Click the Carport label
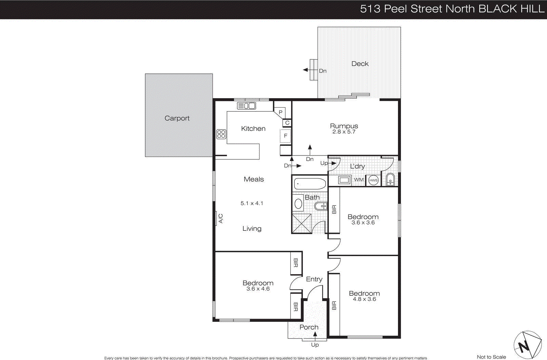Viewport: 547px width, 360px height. [x=177, y=118]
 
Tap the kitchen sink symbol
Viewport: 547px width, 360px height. [x=246, y=106]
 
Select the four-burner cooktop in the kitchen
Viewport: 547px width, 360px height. [x=221, y=134]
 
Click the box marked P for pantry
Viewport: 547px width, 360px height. [x=280, y=112]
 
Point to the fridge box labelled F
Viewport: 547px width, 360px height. [x=285, y=136]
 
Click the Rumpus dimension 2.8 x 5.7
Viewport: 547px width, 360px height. [x=344, y=132]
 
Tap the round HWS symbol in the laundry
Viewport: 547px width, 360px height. [x=373, y=180]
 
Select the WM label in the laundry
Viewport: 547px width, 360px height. [x=359, y=180]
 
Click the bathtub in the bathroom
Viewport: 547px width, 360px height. [x=310, y=184]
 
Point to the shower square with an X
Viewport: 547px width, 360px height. [x=302, y=224]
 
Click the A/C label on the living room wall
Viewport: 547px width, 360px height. [x=221, y=218]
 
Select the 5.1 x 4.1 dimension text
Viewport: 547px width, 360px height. [x=252, y=203]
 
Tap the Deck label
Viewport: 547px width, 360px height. [x=360, y=64]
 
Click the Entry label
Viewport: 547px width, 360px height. [x=314, y=279]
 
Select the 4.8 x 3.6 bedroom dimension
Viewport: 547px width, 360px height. [x=364, y=299]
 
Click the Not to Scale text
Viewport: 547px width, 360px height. [x=491, y=357]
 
